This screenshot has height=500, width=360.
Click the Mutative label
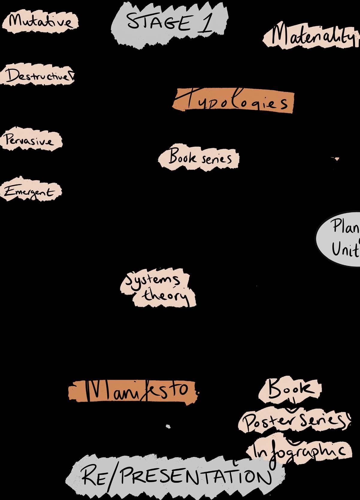click(40, 22)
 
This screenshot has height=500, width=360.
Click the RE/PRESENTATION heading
click(177, 476)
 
